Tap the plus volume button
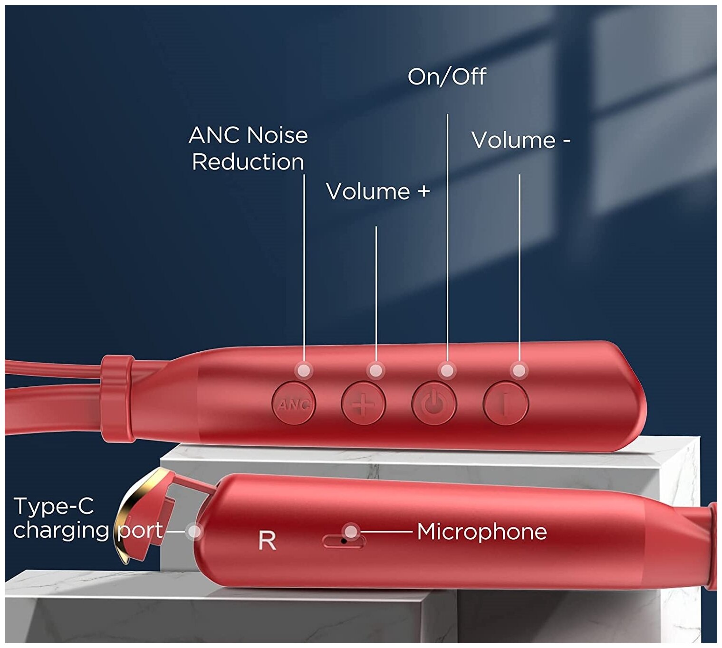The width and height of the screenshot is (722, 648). click(x=363, y=404)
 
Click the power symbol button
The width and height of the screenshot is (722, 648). click(x=433, y=404)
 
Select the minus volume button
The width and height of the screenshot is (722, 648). click(x=505, y=404)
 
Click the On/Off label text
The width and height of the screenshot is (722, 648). click(x=447, y=76)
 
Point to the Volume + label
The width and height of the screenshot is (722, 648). click(x=378, y=191)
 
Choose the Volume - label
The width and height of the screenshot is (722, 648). click(x=520, y=140)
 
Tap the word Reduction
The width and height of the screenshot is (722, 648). click(x=248, y=162)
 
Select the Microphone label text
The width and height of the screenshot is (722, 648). click(x=481, y=532)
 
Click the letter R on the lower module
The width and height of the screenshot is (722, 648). click(x=267, y=540)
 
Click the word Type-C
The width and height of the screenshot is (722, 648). click(x=54, y=506)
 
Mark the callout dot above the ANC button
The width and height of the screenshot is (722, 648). click(x=304, y=370)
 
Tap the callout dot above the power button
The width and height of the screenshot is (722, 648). click(x=447, y=370)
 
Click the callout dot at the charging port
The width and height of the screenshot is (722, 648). click(x=194, y=532)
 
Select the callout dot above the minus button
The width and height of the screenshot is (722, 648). click(x=519, y=370)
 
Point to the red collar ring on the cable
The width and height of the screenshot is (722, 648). click(x=116, y=398)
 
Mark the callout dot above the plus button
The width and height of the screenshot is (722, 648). click(x=375, y=370)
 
